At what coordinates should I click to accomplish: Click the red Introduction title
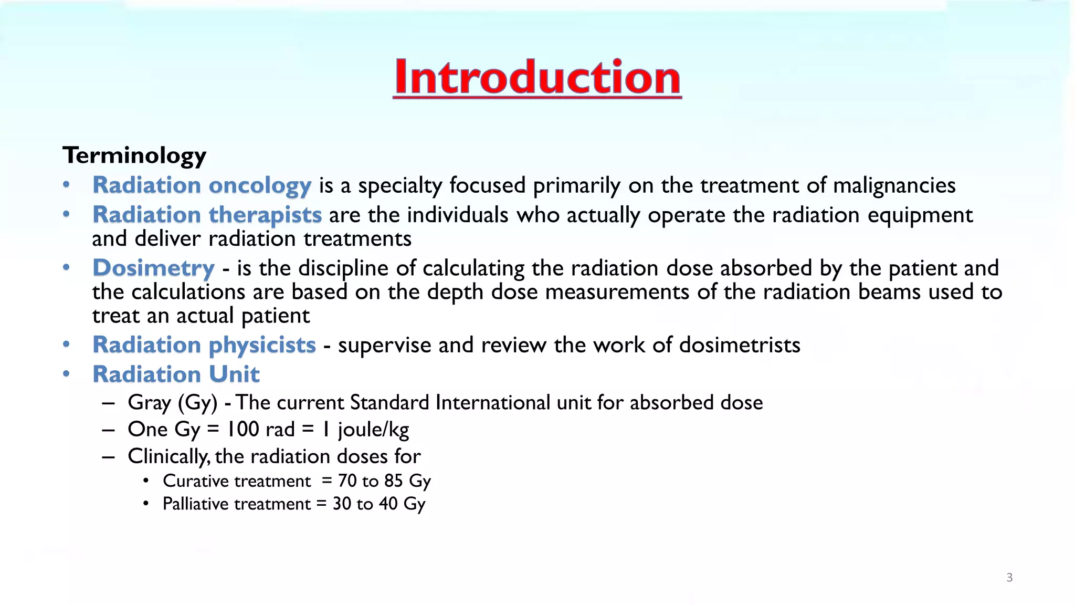(537, 78)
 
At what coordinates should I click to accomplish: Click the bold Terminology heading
(134, 155)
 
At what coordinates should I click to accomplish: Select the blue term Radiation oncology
(202, 185)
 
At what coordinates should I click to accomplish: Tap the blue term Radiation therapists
(207, 215)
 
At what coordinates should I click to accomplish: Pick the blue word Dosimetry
(153, 268)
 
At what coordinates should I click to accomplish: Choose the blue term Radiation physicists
(204, 345)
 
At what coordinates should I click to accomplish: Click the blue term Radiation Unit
(176, 374)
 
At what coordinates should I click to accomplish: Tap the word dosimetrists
(740, 345)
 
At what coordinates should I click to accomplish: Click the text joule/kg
(373, 430)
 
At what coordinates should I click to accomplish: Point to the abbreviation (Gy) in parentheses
(198, 403)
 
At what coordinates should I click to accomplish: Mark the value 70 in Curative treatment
(347, 481)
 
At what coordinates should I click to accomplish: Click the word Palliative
(195, 504)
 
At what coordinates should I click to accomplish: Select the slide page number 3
(1009, 578)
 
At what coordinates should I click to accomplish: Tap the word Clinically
(168, 456)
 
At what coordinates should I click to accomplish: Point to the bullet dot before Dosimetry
(66, 267)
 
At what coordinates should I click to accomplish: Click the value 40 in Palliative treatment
(388, 504)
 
